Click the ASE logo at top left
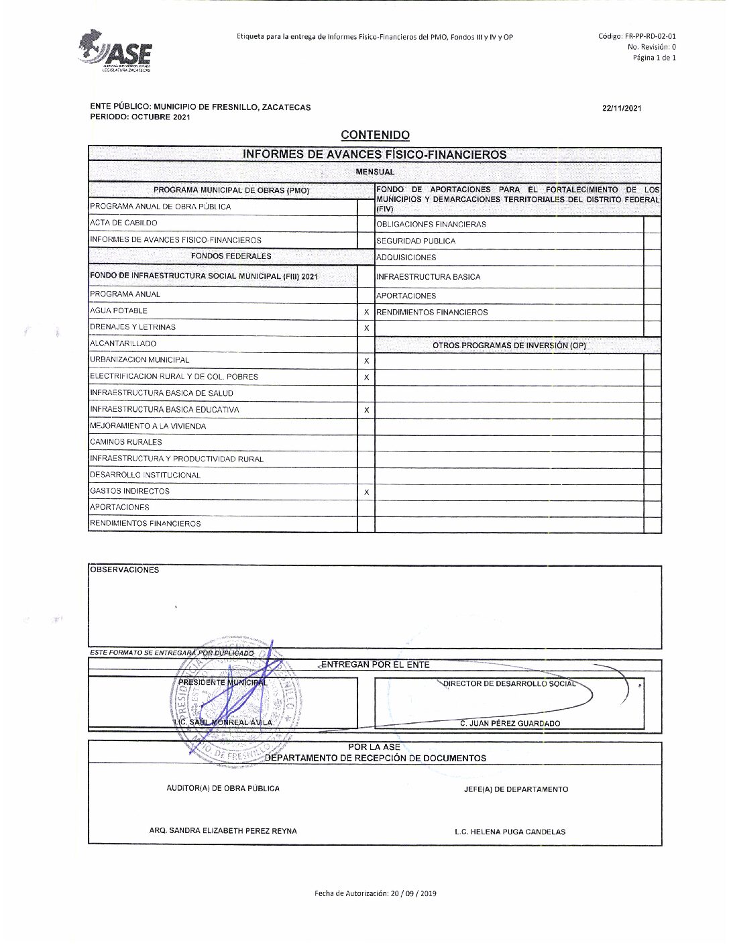[116, 51]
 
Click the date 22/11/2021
[622, 109]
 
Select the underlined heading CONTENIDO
[375, 135]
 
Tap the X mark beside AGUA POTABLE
[366, 312]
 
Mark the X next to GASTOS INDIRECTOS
[366, 492]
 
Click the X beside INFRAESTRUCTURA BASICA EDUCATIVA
[366, 410]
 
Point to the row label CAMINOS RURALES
[126, 443]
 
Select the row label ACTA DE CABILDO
[123, 223]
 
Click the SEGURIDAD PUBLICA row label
[416, 241]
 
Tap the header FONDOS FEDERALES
[231, 256]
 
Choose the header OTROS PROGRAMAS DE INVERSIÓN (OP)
[509, 345]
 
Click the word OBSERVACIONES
[125, 570]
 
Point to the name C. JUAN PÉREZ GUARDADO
[510, 724]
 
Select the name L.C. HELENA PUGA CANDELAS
[510, 832]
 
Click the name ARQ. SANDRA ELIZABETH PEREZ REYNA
[223, 830]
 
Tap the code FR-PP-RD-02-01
[637, 37]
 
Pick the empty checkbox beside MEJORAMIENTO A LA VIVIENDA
[366, 427]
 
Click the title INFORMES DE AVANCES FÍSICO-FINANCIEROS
[374, 155]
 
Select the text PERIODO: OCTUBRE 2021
[139, 117]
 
